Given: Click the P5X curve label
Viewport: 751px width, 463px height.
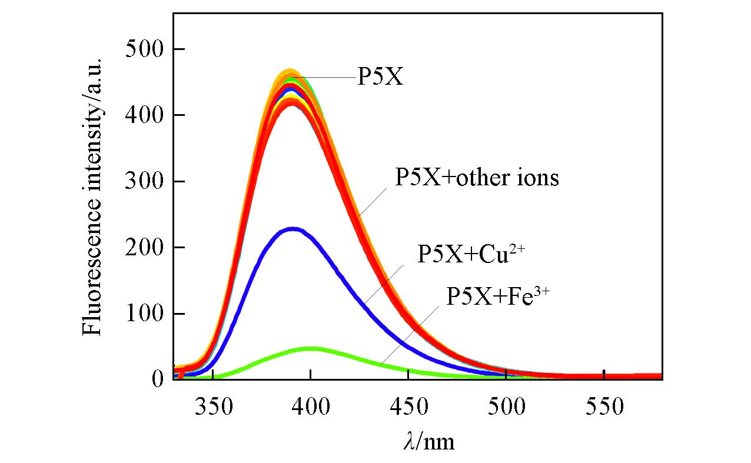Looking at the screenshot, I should (380, 77).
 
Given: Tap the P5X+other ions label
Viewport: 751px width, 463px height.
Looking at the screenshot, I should (476, 177).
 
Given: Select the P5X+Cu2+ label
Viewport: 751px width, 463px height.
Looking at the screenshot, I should (471, 255).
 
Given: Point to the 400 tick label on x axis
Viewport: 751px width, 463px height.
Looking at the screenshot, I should (310, 406).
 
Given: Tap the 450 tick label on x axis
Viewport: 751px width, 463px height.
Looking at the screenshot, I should (408, 406).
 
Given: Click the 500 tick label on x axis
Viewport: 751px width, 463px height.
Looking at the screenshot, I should (506, 406).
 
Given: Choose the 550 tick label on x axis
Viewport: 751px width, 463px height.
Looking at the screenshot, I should (604, 406).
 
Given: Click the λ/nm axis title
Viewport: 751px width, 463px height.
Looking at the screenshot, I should (428, 441).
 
